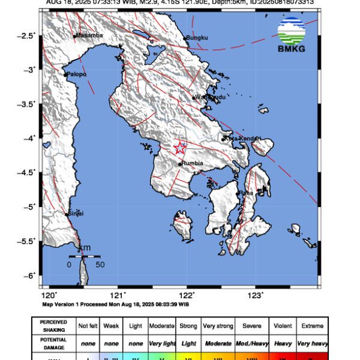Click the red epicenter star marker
tap(181, 148)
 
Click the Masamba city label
tap(90, 35)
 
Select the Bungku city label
tap(196, 38)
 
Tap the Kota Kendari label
tap(242, 139)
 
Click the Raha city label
tap(246, 193)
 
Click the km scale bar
tap(85, 256)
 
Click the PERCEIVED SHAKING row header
tap(53, 326)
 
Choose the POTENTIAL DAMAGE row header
tap(53, 343)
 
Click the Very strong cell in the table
tap(218, 326)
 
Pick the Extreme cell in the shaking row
tap(312, 326)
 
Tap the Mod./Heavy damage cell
tap(252, 343)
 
